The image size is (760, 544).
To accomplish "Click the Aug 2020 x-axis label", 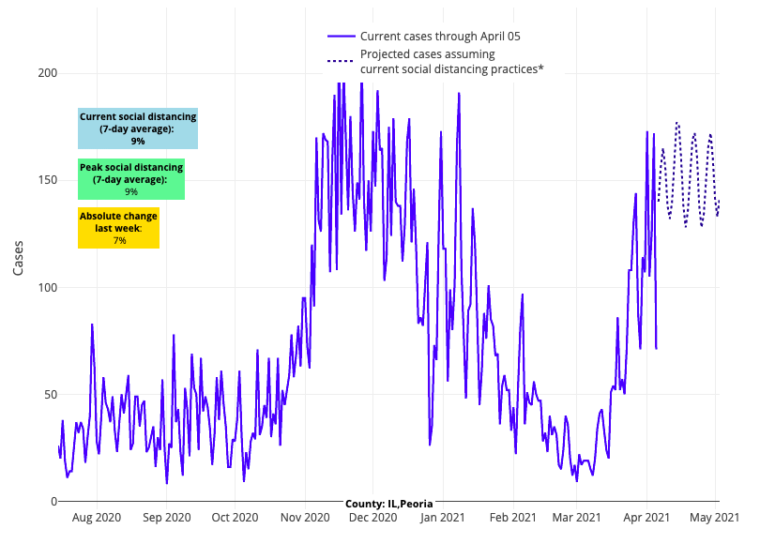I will click(96, 517).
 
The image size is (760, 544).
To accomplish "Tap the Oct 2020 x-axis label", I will click(235, 517).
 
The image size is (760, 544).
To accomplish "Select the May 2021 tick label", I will click(714, 517).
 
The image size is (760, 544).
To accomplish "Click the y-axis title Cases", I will click(19, 255).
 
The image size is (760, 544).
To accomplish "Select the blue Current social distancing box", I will click(138, 128).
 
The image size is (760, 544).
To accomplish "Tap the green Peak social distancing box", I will click(131, 179).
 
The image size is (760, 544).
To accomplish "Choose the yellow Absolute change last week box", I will click(119, 228).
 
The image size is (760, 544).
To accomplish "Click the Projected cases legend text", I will click(452, 61).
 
